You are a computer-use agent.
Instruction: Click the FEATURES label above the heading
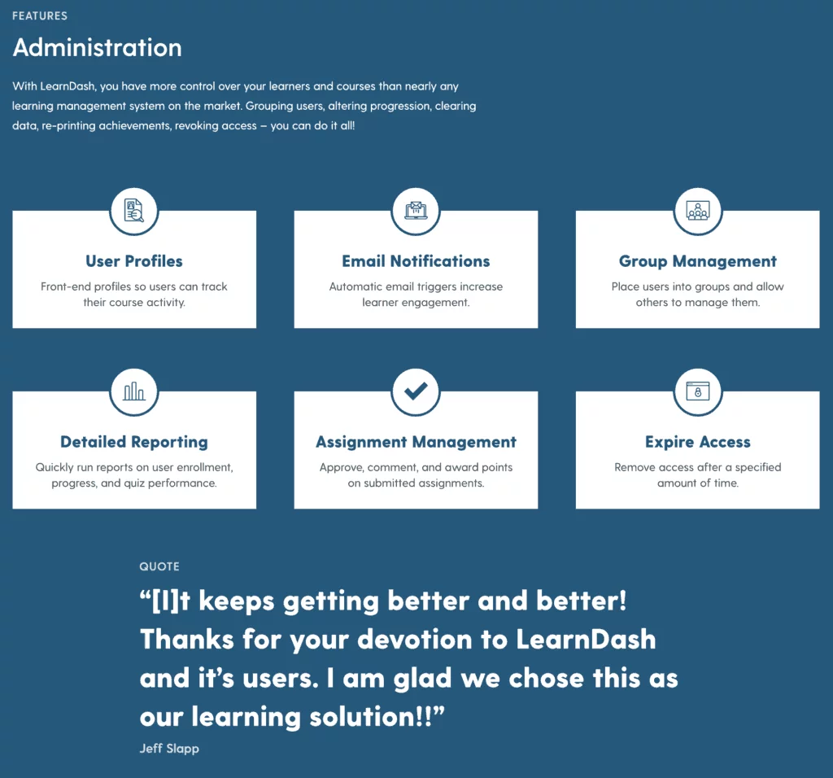coord(40,16)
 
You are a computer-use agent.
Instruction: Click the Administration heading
coord(98,47)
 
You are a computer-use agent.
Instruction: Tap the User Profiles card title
coord(134,261)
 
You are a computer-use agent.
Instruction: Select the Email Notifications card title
coord(416,261)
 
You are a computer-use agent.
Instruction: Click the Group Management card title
coord(697,261)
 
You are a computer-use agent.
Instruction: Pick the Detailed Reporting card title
coord(134,442)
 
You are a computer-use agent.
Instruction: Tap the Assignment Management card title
coord(416,442)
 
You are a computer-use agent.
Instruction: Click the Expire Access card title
coord(697,442)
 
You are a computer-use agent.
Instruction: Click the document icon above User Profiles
coord(134,211)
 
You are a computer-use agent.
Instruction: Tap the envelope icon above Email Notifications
coord(416,211)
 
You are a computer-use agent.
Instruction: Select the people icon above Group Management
coord(697,211)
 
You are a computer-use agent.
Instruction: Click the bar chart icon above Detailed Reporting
coord(134,391)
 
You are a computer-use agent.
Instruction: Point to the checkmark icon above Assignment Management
coord(416,391)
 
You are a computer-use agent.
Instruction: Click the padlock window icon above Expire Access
coord(697,391)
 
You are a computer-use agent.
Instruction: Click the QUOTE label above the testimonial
coord(159,566)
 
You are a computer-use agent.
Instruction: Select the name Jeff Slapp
coord(169,748)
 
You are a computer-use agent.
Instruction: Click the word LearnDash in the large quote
coord(586,640)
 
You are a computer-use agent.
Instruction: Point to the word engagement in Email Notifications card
coord(416,303)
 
